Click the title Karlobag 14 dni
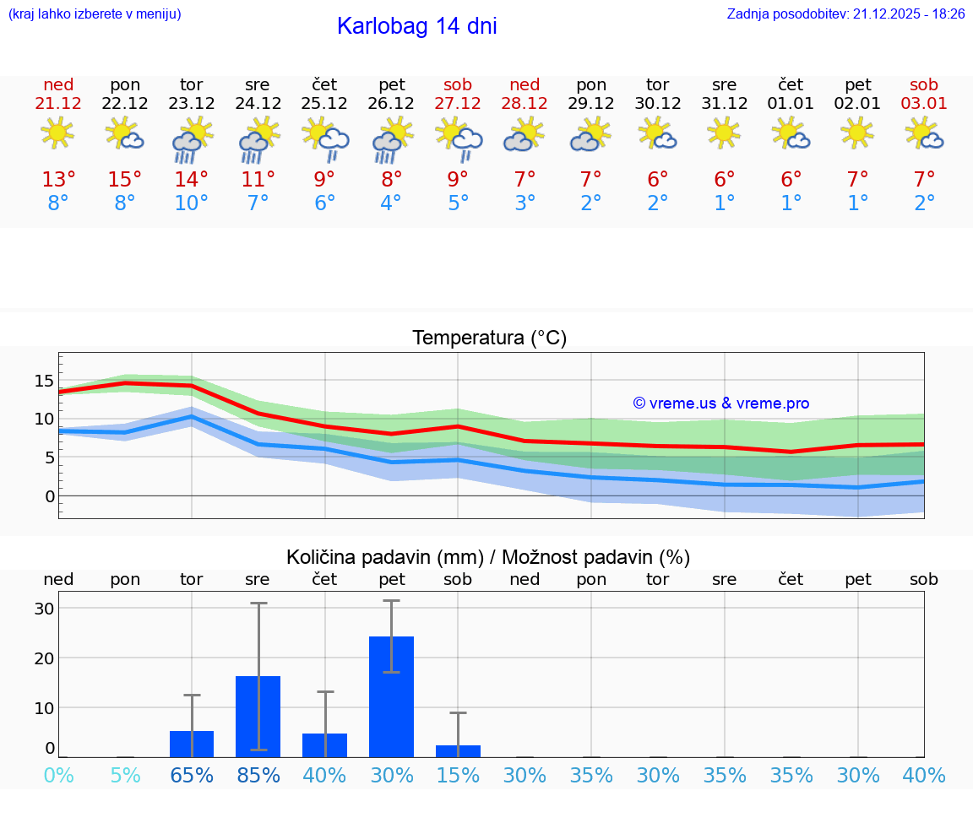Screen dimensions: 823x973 tap(416, 26)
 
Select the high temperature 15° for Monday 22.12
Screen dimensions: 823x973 tap(125, 180)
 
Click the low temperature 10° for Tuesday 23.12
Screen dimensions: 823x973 tap(192, 203)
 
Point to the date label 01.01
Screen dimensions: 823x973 tap(791, 104)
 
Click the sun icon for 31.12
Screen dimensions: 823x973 tap(725, 133)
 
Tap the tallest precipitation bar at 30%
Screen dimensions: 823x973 tap(392, 696)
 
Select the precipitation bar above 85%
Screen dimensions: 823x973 tap(258, 716)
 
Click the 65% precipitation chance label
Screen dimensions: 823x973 tap(192, 775)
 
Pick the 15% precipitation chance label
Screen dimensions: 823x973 tap(458, 775)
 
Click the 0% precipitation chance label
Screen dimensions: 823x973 tap(58, 775)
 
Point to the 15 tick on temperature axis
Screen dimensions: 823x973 tap(44, 381)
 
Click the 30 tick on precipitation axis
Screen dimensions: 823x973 tap(44, 609)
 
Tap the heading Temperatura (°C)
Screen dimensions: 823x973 tap(489, 338)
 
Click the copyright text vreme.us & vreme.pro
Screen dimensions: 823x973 tap(720, 403)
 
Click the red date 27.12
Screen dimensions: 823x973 tap(458, 104)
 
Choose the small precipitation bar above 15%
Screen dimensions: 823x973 tap(458, 751)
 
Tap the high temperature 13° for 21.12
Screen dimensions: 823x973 tap(58, 180)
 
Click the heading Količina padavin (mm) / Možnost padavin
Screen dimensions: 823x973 tap(488, 557)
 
